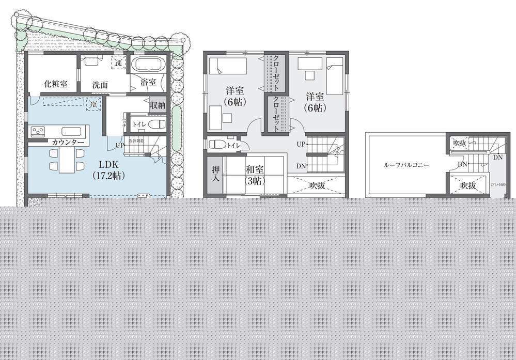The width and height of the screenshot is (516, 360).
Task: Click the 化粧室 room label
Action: [x=55, y=84]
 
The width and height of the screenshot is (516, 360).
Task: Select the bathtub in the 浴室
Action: [x=148, y=66]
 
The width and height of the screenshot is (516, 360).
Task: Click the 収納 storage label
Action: [x=157, y=104]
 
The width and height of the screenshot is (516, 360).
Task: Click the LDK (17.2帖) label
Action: [x=109, y=169]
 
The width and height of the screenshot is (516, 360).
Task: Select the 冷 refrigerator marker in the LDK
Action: [x=93, y=105]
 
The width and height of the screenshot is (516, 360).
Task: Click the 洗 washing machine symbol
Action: [x=119, y=62]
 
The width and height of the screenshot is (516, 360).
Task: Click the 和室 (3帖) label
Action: [x=255, y=175]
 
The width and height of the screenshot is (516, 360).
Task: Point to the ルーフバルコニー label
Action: [x=406, y=165]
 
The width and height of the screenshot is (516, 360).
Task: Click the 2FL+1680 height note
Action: [x=497, y=184]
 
